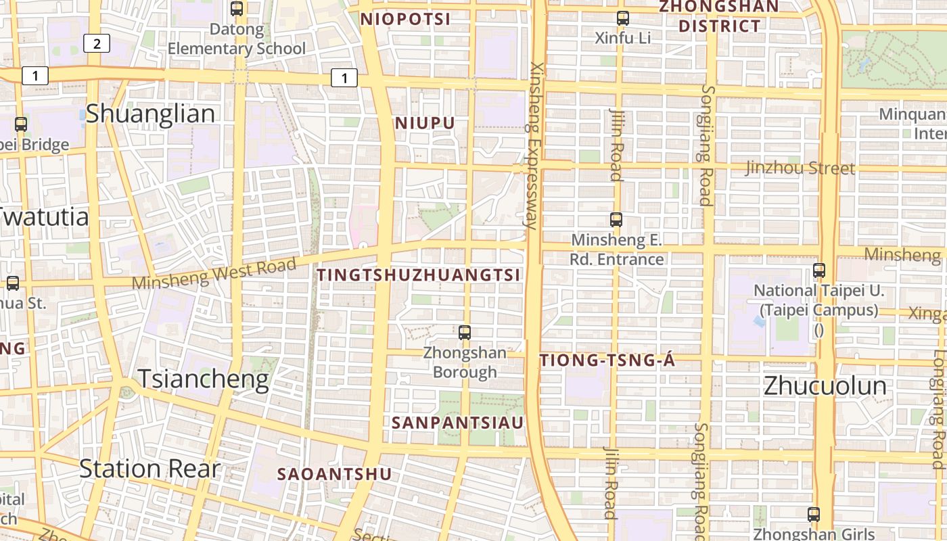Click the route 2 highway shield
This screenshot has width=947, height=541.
click(97, 44)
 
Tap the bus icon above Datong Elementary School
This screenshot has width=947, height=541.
click(237, 9)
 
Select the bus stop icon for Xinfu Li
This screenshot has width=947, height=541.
click(623, 18)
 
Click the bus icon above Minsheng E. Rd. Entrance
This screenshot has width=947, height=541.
click(616, 219)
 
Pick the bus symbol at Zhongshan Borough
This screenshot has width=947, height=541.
click(465, 332)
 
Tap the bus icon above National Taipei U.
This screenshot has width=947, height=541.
click(819, 270)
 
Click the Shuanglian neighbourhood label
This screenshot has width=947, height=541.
click(150, 114)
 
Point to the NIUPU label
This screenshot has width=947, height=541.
click(425, 123)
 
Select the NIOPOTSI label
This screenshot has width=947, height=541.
click(405, 19)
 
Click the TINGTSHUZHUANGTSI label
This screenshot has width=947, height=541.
click(419, 275)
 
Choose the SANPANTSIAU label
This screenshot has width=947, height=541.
click(458, 423)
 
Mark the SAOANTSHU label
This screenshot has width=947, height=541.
click(334, 474)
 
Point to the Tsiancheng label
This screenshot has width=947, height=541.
click(203, 379)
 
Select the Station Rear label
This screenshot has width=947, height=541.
click(149, 468)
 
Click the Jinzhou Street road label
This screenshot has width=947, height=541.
click(800, 168)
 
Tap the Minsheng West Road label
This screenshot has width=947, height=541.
click(214, 274)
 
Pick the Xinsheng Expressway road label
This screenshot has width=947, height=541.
click(534, 145)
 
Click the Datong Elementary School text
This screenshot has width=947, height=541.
click(237, 39)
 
